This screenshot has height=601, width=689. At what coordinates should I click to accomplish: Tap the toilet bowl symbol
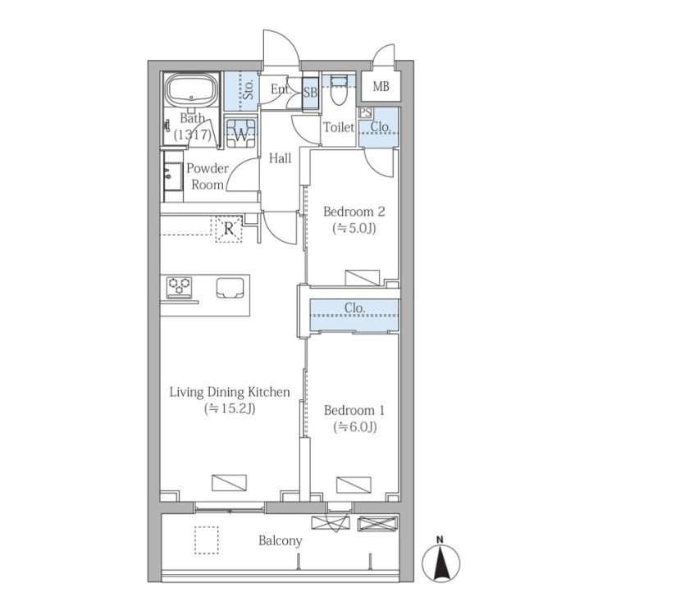point(338,90)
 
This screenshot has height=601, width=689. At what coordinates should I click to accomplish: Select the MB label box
point(381,87)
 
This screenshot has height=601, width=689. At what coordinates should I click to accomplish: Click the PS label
point(365,112)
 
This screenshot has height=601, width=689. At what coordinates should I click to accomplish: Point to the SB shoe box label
point(311,93)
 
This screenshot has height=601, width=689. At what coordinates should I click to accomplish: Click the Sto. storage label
point(249,89)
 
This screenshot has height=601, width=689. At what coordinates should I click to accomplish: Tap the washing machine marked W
point(241,133)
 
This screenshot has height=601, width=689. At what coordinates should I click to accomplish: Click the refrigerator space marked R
point(229,229)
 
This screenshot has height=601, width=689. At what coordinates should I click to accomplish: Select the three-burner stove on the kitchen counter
point(180,287)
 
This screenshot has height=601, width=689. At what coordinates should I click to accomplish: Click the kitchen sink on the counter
point(230,288)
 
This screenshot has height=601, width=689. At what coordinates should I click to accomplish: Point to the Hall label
point(280,158)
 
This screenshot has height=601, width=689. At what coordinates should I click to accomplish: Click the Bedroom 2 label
point(354,212)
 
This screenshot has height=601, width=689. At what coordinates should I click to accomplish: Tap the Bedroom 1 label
point(354,410)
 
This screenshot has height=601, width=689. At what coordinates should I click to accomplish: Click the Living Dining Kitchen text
point(230,392)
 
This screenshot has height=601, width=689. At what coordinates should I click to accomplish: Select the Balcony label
point(281,540)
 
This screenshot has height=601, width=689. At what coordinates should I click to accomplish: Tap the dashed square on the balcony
point(207,540)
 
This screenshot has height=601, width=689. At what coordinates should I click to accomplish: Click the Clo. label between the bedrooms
point(354,308)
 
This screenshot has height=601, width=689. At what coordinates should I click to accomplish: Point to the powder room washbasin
point(173,176)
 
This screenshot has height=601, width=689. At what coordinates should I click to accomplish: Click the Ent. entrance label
point(281,89)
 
